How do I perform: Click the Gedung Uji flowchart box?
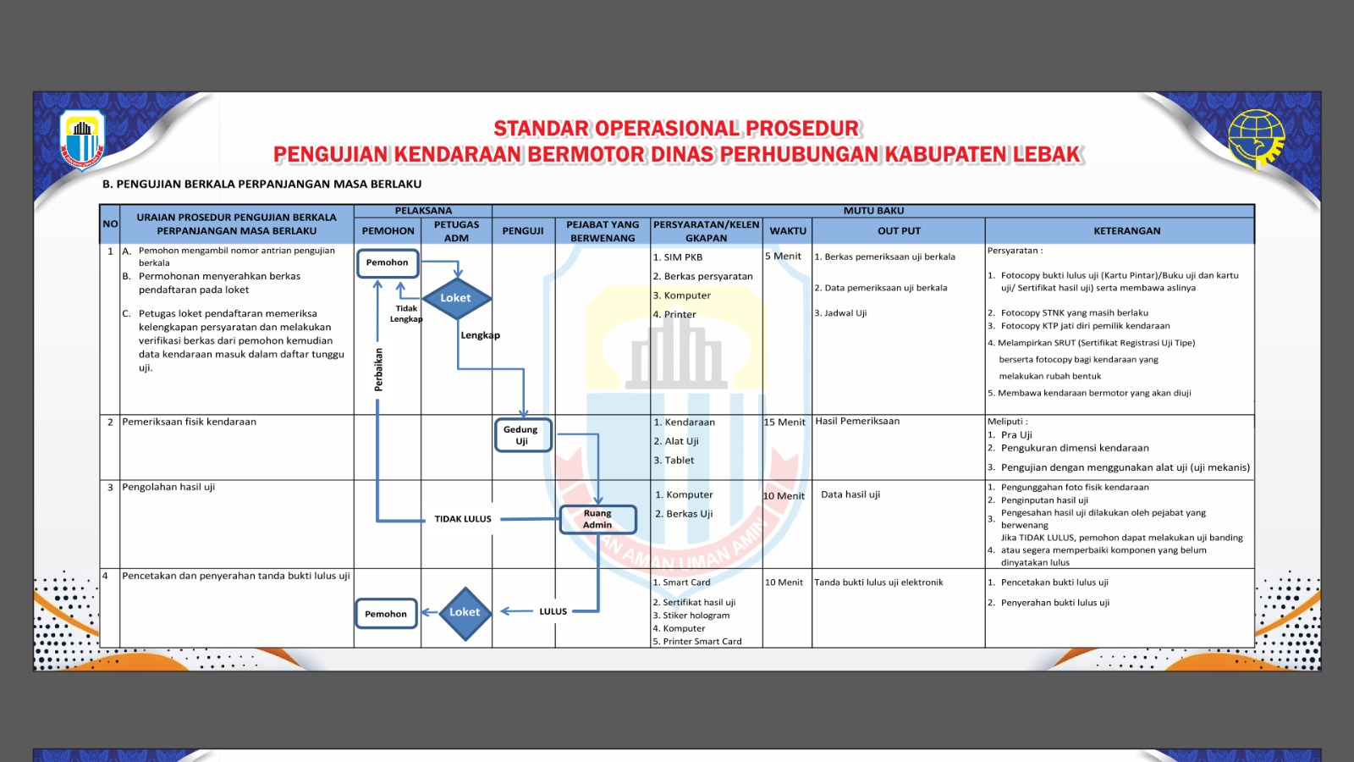click(522, 435)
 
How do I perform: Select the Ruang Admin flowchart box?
click(597, 519)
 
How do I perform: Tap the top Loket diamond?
click(456, 298)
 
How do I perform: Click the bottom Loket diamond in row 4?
click(465, 612)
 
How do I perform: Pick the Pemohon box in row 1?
click(388, 262)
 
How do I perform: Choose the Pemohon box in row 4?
click(386, 614)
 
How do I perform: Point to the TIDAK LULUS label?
click(463, 519)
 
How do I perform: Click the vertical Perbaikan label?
click(378, 370)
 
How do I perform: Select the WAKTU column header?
click(788, 230)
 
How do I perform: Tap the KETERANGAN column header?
click(1127, 230)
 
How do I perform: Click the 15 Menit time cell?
click(785, 422)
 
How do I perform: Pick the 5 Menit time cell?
click(784, 256)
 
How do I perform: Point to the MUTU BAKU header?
click(873, 210)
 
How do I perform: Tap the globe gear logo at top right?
click(1256, 140)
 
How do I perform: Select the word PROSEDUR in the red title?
click(803, 129)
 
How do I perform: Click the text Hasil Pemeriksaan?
click(857, 421)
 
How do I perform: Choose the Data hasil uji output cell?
click(850, 494)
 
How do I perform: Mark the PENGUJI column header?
click(523, 230)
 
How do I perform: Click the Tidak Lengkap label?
click(406, 313)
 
